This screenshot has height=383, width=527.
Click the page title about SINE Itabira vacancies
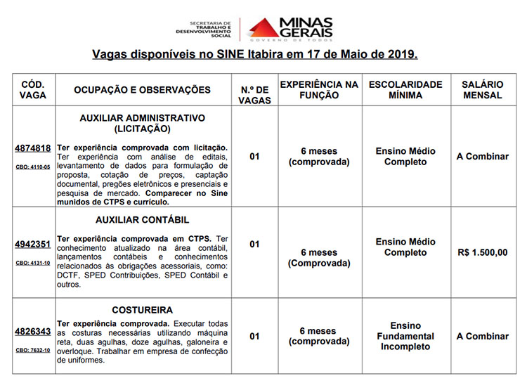[255, 54]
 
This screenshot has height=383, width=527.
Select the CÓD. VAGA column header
[32, 89]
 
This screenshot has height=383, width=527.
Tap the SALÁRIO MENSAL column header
[482, 89]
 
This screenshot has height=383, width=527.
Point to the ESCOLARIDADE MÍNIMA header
[405, 89]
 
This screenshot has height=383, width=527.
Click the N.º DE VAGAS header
[254, 95]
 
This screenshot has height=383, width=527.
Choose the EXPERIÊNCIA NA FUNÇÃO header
[319, 89]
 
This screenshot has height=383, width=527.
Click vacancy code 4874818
[32, 148]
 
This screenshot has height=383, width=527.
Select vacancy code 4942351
[32, 245]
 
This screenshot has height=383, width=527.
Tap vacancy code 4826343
[32, 332]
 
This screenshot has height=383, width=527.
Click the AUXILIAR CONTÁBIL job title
[142, 220]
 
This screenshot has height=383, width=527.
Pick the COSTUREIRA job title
[142, 309]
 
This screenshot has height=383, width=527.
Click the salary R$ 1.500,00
[482, 252]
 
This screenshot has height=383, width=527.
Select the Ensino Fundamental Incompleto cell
[405, 336]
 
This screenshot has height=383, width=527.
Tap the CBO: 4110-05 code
[32, 167]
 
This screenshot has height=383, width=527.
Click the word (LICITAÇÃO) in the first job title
[142, 129]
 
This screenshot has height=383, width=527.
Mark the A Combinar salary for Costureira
[482, 336]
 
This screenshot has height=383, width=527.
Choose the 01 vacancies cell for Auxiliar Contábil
[254, 245]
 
